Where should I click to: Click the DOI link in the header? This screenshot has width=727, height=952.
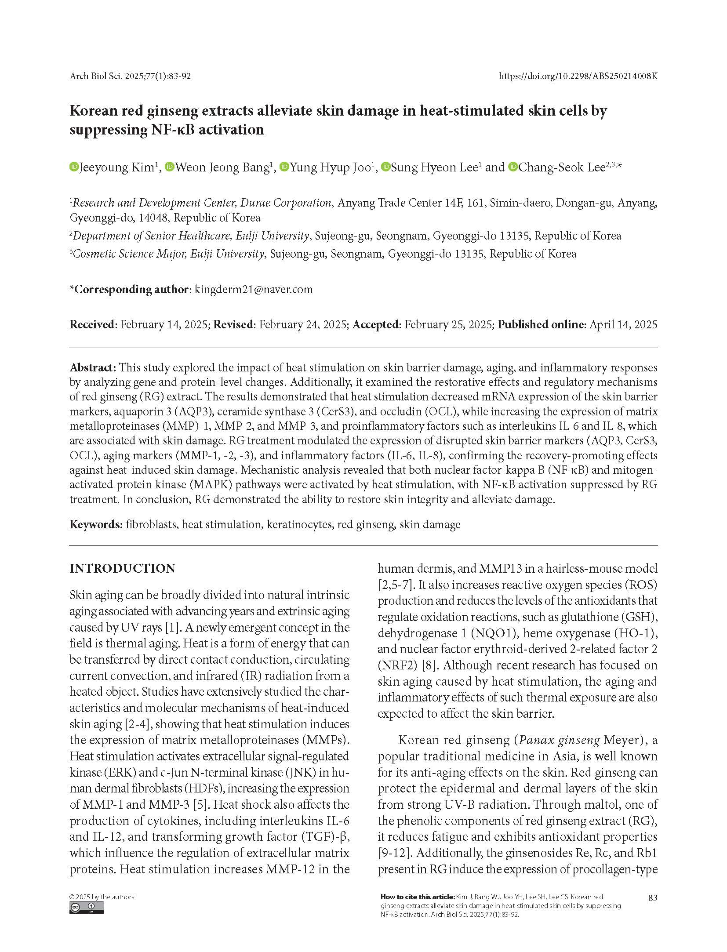coord(578,76)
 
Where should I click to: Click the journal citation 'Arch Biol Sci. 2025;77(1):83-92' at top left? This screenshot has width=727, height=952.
coord(130,76)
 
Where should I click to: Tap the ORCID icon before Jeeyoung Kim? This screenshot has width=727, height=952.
coord(73,167)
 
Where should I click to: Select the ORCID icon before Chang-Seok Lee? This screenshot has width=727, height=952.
coord(513,167)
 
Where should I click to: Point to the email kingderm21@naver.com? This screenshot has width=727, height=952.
coord(254,289)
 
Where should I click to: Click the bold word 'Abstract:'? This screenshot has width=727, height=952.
coord(93,367)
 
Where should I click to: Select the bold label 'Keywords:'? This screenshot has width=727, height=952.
coord(96,524)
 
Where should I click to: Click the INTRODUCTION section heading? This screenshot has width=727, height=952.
coord(122,568)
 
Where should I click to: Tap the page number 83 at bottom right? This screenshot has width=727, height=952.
coord(653,897)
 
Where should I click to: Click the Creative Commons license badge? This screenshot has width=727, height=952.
coord(87,908)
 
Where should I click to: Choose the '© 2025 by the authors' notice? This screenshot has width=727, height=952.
coord(102,897)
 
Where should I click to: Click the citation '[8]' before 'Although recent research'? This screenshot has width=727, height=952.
coord(429,665)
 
